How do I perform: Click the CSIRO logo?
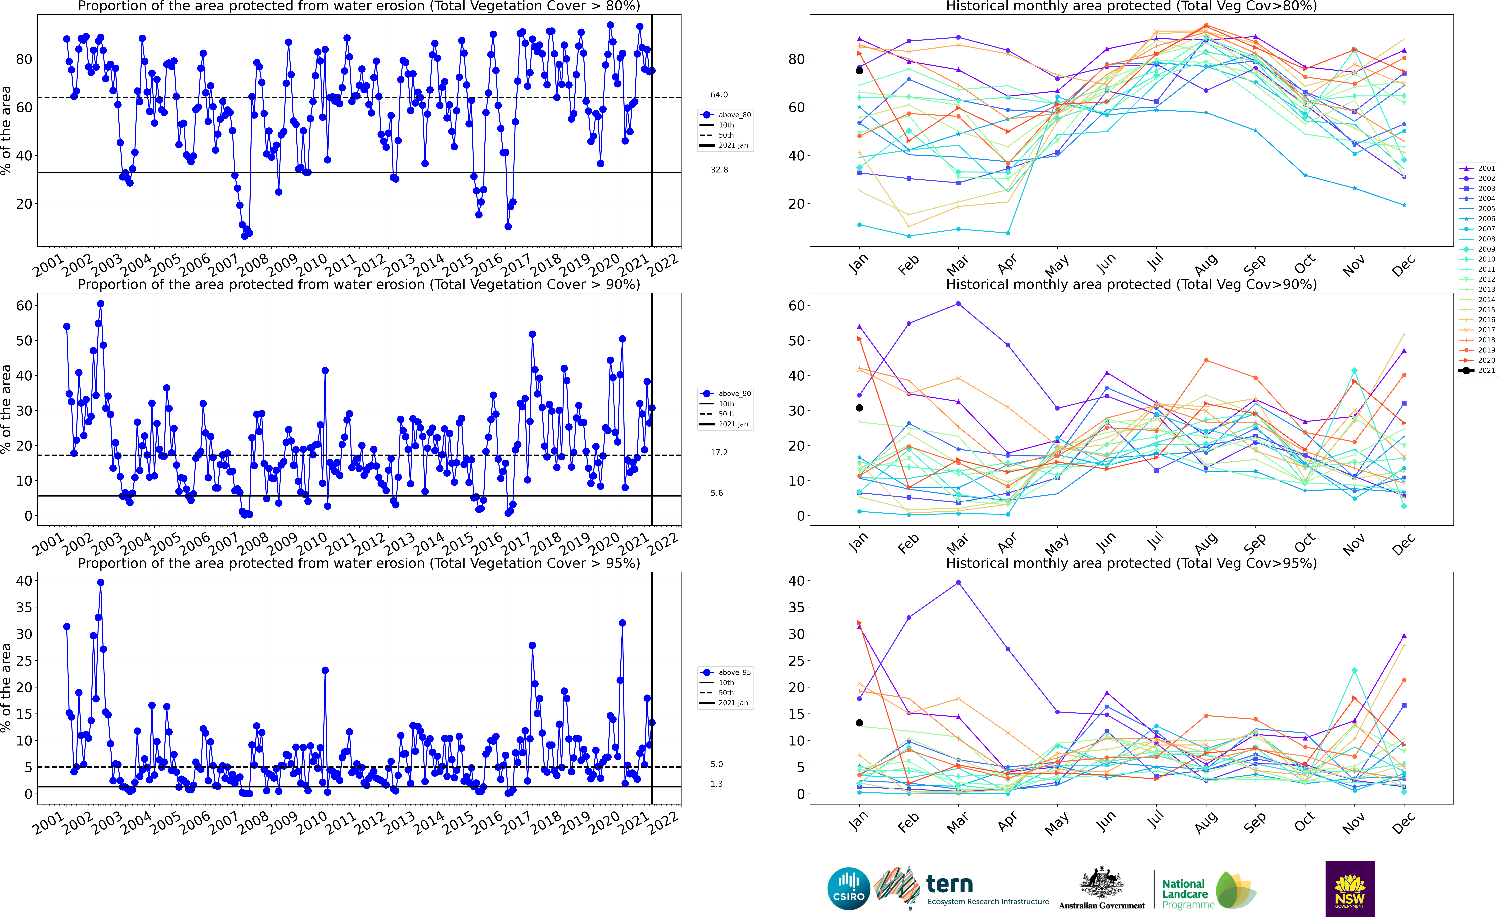pyautogui.click(x=849, y=888)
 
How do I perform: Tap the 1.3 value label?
pyautogui.click(x=717, y=784)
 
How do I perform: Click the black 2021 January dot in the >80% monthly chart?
pyautogui.click(x=859, y=71)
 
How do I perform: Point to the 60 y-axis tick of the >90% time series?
pyautogui.click(x=24, y=306)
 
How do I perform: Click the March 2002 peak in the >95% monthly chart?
pyautogui.click(x=958, y=583)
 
